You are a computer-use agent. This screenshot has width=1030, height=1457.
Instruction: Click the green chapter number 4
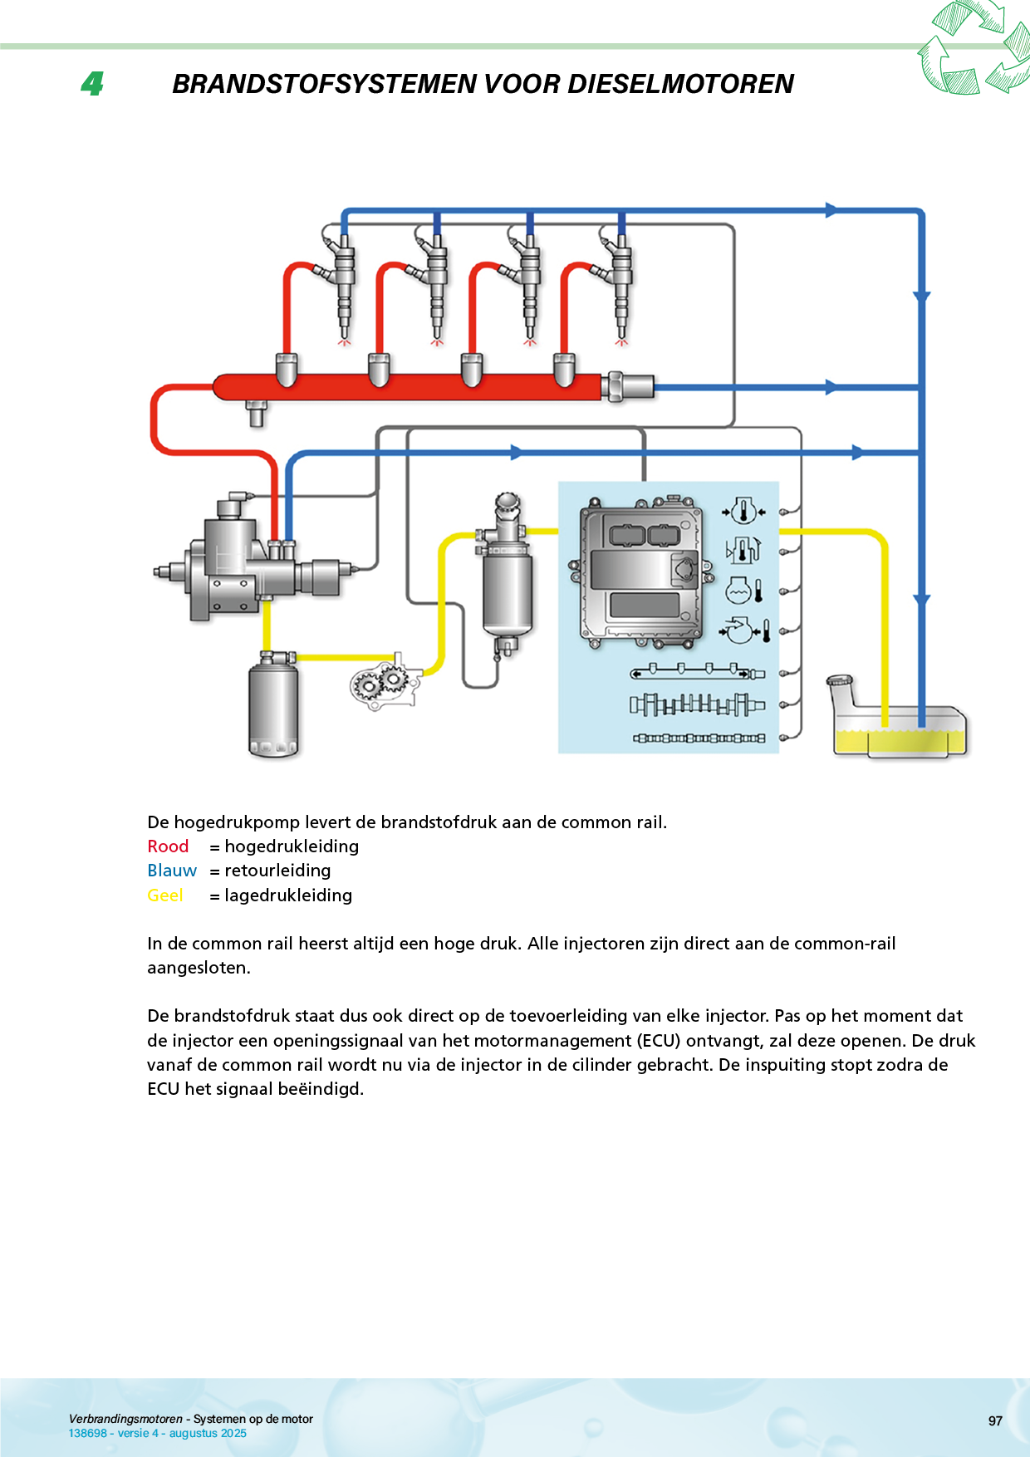(x=92, y=83)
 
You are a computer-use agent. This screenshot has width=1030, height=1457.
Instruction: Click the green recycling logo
(x=974, y=47)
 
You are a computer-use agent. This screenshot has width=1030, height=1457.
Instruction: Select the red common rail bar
(x=415, y=387)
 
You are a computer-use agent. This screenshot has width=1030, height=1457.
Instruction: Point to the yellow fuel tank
(x=901, y=731)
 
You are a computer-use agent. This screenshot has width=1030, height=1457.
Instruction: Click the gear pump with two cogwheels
(x=382, y=683)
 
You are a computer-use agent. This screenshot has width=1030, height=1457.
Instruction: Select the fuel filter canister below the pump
(x=272, y=706)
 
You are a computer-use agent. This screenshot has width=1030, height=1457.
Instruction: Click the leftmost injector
(x=344, y=282)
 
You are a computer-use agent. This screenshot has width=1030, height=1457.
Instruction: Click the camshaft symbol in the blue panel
(x=696, y=705)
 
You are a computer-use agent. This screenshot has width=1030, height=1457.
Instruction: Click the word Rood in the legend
(x=168, y=846)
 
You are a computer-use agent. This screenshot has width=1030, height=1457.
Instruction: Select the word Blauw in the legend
(x=172, y=871)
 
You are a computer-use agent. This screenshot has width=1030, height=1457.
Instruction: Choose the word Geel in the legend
(x=164, y=895)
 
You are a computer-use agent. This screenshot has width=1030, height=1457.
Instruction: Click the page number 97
(x=995, y=1421)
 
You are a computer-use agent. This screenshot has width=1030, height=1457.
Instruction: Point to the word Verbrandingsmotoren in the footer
(x=125, y=1419)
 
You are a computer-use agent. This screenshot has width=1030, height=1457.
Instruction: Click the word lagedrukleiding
(x=288, y=895)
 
